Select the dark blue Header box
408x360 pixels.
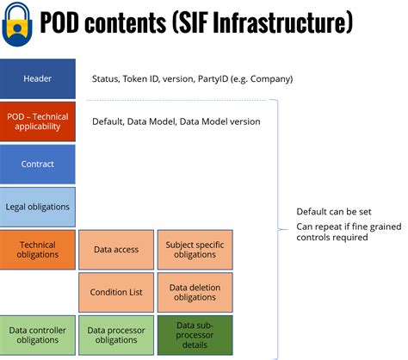click(38, 78)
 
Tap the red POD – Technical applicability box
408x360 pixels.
click(38, 121)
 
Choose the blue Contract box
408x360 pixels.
click(38, 164)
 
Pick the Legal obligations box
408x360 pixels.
click(38, 207)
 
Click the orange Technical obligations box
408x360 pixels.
click(38, 249)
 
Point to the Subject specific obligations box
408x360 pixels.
click(195, 250)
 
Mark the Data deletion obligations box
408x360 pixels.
click(195, 292)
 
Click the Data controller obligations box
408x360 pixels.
click(38, 335)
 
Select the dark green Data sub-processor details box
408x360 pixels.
click(195, 335)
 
